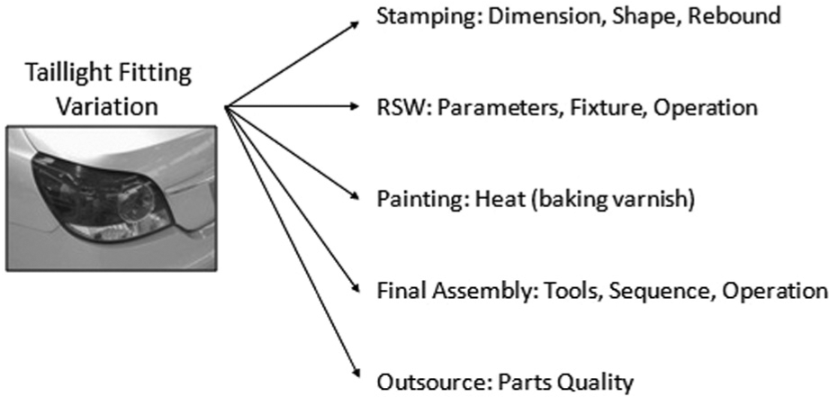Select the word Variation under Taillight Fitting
pos(107,105)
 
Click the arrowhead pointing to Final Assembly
pos(355,286)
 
